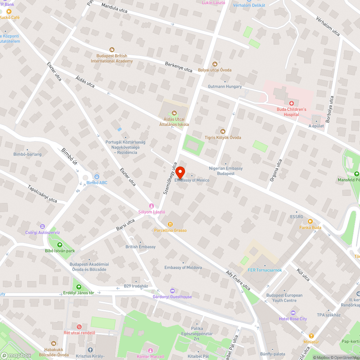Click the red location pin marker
(x=180, y=171)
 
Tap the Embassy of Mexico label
(x=192, y=180)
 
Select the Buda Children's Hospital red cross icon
(x=292, y=103)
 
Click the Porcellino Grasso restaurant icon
(x=171, y=224)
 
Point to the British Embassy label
(x=140, y=247)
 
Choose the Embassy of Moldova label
(x=183, y=267)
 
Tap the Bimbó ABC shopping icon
(x=96, y=177)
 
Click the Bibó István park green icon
(x=60, y=245)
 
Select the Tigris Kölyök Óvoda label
(x=223, y=138)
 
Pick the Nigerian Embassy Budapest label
(x=226, y=171)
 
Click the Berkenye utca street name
(x=179, y=67)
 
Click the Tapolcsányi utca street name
(x=42, y=193)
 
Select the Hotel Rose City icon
(x=293, y=313)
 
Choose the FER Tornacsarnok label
(x=265, y=270)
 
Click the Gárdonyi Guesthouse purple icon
(x=172, y=291)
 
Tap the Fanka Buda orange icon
(x=310, y=222)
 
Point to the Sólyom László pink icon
(x=152, y=206)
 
